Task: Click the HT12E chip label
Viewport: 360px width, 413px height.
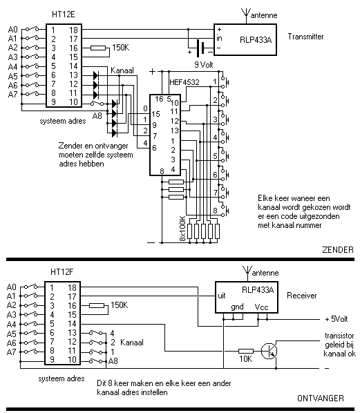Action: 64,15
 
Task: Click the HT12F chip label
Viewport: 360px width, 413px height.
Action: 61,272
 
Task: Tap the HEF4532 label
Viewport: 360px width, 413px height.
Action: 184,82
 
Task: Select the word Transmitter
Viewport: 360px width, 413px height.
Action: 305,37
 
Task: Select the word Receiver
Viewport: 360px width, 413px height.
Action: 302,296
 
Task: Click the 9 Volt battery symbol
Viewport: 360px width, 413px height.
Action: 200,48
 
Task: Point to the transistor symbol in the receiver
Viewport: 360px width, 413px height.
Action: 269,351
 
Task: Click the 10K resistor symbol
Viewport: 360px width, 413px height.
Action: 246,351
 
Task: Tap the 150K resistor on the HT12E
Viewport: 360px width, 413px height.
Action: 98,48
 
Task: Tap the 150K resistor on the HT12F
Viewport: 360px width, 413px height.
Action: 97,305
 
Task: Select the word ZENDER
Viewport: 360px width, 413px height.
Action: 338,249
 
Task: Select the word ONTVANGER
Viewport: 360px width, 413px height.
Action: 321,398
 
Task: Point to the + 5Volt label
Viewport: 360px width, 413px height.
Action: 337,319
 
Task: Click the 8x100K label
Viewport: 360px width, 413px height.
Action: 182,229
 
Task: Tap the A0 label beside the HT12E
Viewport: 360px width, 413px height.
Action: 12,29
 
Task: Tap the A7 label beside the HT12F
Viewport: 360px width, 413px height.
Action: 11,352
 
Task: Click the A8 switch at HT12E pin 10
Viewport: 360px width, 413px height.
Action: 97,103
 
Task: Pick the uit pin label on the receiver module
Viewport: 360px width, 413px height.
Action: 222,296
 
